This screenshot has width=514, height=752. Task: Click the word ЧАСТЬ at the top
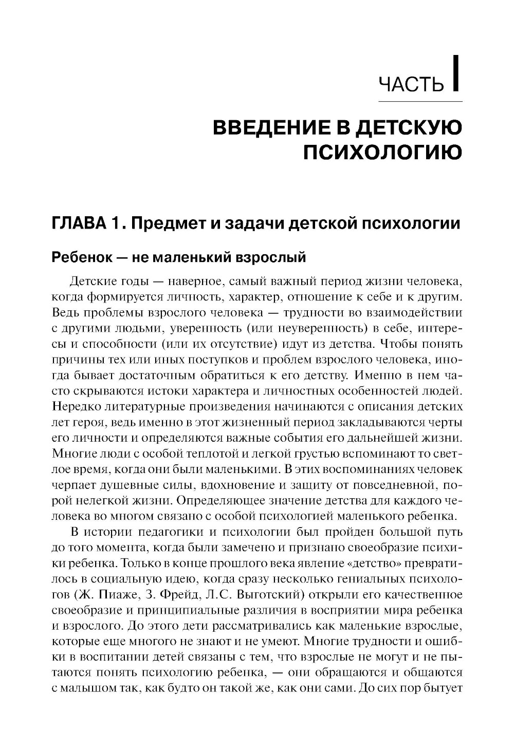(411, 84)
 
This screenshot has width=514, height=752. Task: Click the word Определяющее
(222, 500)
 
